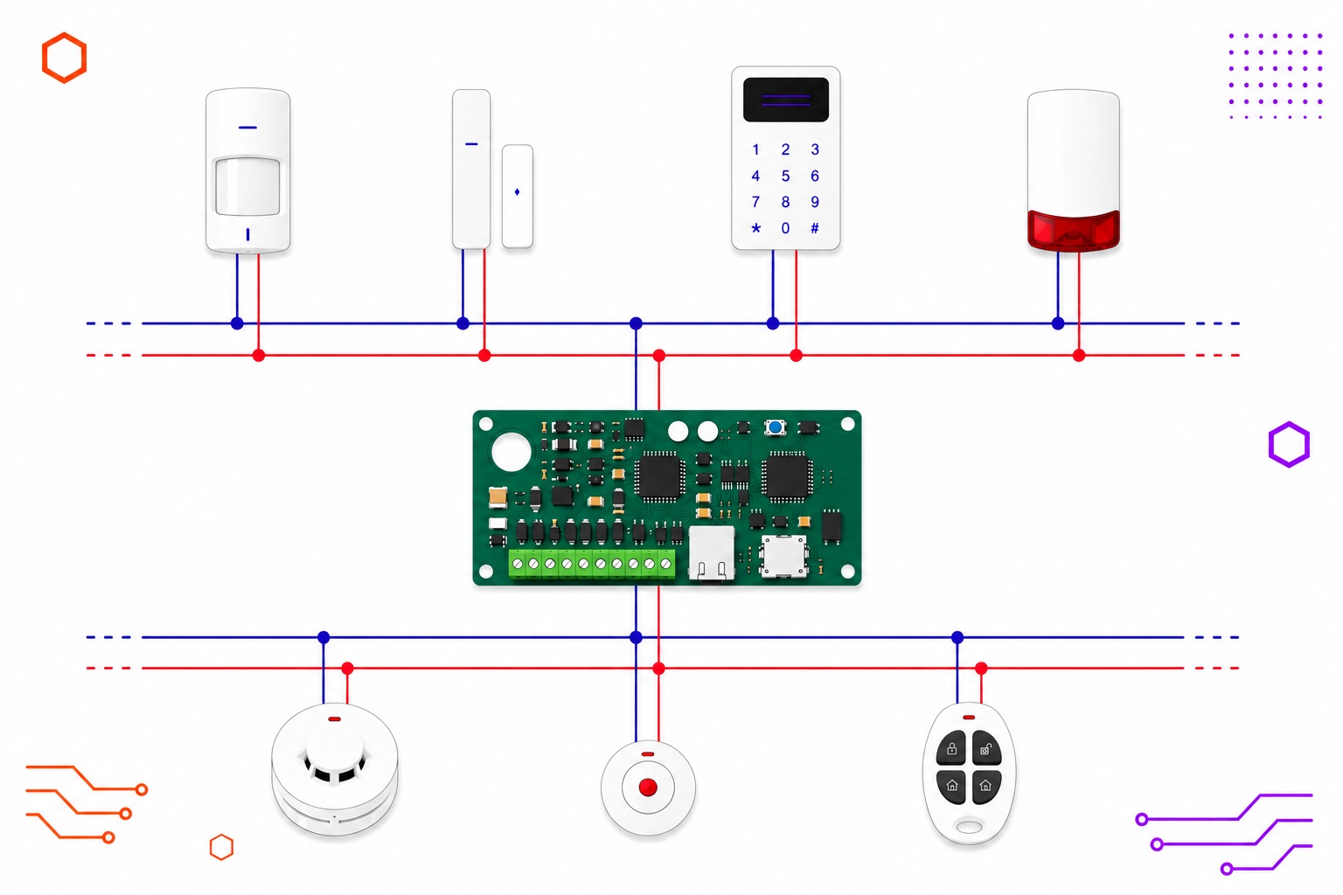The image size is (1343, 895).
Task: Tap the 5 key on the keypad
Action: [x=785, y=176]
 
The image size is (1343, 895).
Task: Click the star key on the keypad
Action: [x=756, y=228]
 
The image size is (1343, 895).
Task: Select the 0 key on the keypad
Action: [x=785, y=228]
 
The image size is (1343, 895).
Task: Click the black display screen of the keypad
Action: [x=786, y=100]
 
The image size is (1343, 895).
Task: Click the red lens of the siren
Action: [x=1073, y=230]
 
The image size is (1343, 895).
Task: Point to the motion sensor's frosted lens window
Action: [x=247, y=186]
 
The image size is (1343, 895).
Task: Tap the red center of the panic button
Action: [x=648, y=787]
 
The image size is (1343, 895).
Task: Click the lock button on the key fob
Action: [x=951, y=749]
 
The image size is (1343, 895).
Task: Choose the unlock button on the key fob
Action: [x=986, y=749]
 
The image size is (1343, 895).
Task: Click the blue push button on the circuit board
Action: [x=776, y=427]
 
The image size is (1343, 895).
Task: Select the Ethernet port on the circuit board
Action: [x=712, y=553]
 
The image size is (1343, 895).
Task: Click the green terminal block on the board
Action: [x=592, y=564]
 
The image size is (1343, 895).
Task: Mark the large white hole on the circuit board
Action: [x=511, y=452]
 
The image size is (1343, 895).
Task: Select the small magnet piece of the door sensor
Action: [x=518, y=196]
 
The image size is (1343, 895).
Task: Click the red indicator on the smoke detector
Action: [x=335, y=718]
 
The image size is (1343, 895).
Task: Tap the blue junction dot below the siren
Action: [x=1058, y=323]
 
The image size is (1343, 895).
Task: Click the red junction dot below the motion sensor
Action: [x=259, y=356]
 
